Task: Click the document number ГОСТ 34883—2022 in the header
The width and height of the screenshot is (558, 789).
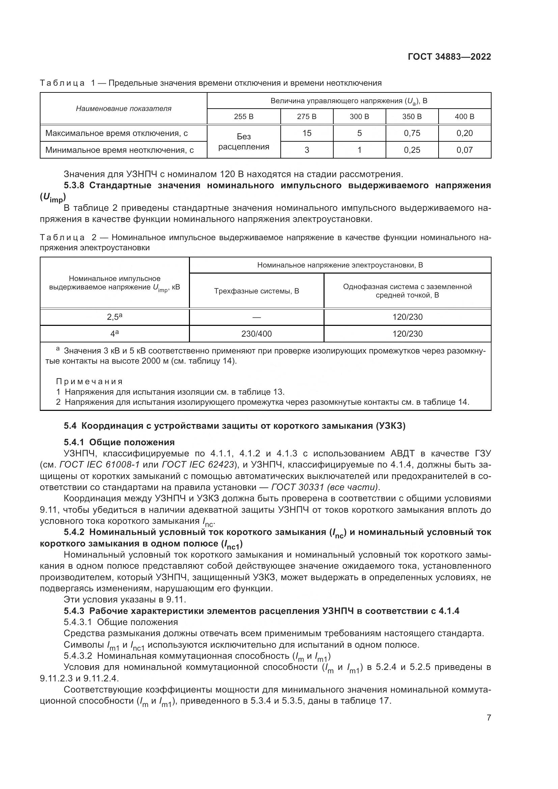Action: [449, 57]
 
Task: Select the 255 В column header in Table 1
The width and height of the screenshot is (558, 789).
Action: [244, 116]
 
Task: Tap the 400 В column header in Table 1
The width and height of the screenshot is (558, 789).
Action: [464, 116]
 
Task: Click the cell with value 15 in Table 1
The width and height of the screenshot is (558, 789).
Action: [306, 133]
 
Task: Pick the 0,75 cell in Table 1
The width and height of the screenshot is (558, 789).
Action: [412, 133]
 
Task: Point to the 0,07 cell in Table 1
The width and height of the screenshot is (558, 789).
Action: [464, 150]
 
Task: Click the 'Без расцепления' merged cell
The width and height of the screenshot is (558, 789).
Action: [244, 142]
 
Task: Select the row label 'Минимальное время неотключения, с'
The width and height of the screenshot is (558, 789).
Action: [119, 150]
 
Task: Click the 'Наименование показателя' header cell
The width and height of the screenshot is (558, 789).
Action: [123, 109]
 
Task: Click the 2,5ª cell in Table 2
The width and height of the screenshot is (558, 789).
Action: [114, 317]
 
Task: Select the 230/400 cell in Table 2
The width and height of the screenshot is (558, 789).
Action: [256, 334]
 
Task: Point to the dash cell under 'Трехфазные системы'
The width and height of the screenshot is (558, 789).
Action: [256, 317]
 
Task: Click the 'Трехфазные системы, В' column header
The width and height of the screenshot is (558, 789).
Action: [256, 291]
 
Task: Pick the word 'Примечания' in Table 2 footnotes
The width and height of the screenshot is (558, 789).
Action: [89, 382]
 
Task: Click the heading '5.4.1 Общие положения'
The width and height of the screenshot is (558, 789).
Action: [119, 442]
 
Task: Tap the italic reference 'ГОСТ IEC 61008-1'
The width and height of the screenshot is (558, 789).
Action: [99, 464]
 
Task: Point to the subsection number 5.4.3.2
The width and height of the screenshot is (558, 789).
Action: [78, 656]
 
